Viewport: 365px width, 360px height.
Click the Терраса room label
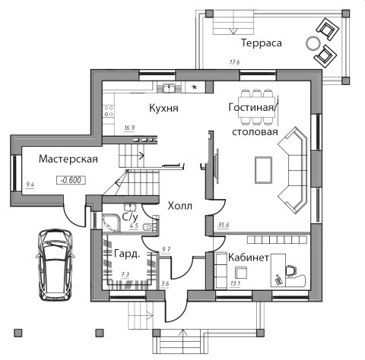pyautogui.click(x=262, y=43)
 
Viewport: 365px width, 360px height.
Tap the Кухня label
pyautogui.click(x=163, y=108)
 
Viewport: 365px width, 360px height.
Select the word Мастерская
pyautogui.click(x=68, y=159)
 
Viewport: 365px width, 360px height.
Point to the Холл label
pyautogui.click(x=180, y=206)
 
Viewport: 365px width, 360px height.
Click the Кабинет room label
pyautogui.click(x=249, y=257)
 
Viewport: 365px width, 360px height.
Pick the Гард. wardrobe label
pyautogui.click(x=127, y=254)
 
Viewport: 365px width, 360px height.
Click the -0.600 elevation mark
pyautogui.click(x=71, y=180)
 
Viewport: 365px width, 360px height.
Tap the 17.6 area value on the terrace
pyautogui.click(x=235, y=62)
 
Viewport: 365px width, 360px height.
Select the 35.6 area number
pyautogui.click(x=224, y=225)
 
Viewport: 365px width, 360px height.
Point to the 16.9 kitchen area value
pyautogui.click(x=129, y=128)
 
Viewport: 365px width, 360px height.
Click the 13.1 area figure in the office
pyautogui.click(x=235, y=283)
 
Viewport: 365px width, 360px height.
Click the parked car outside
pyautogui.click(x=55, y=265)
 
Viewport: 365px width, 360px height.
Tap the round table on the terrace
pyautogui.click(x=313, y=43)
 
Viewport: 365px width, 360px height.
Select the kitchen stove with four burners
pyautogui.click(x=109, y=111)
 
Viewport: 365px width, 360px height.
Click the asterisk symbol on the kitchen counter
pyautogui.click(x=195, y=87)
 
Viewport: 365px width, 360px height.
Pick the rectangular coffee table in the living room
pyautogui.click(x=264, y=169)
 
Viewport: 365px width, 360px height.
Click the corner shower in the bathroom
pyautogui.click(x=111, y=223)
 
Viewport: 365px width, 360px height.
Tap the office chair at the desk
pyautogui.click(x=290, y=270)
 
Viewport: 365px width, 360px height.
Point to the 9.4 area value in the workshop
pyautogui.click(x=30, y=185)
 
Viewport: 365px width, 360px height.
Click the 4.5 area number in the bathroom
pyautogui.click(x=134, y=226)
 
